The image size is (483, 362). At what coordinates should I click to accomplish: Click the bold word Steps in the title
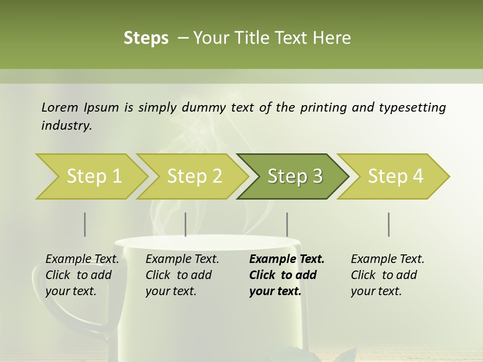tap(146, 38)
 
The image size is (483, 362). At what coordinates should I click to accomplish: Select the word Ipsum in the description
tap(102, 107)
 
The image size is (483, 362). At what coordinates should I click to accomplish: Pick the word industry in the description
tap(66, 126)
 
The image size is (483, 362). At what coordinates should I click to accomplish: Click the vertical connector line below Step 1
tap(85, 224)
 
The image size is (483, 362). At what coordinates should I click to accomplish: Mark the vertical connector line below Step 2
tap(186, 224)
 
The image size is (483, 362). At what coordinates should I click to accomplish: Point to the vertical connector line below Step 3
tap(287, 224)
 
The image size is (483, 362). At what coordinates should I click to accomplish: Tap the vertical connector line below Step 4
tap(389, 224)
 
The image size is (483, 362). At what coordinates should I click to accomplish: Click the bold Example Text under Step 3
tap(287, 259)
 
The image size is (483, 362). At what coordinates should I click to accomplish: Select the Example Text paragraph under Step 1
tap(82, 275)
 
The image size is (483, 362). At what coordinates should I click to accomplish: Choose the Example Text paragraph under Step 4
tap(387, 275)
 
